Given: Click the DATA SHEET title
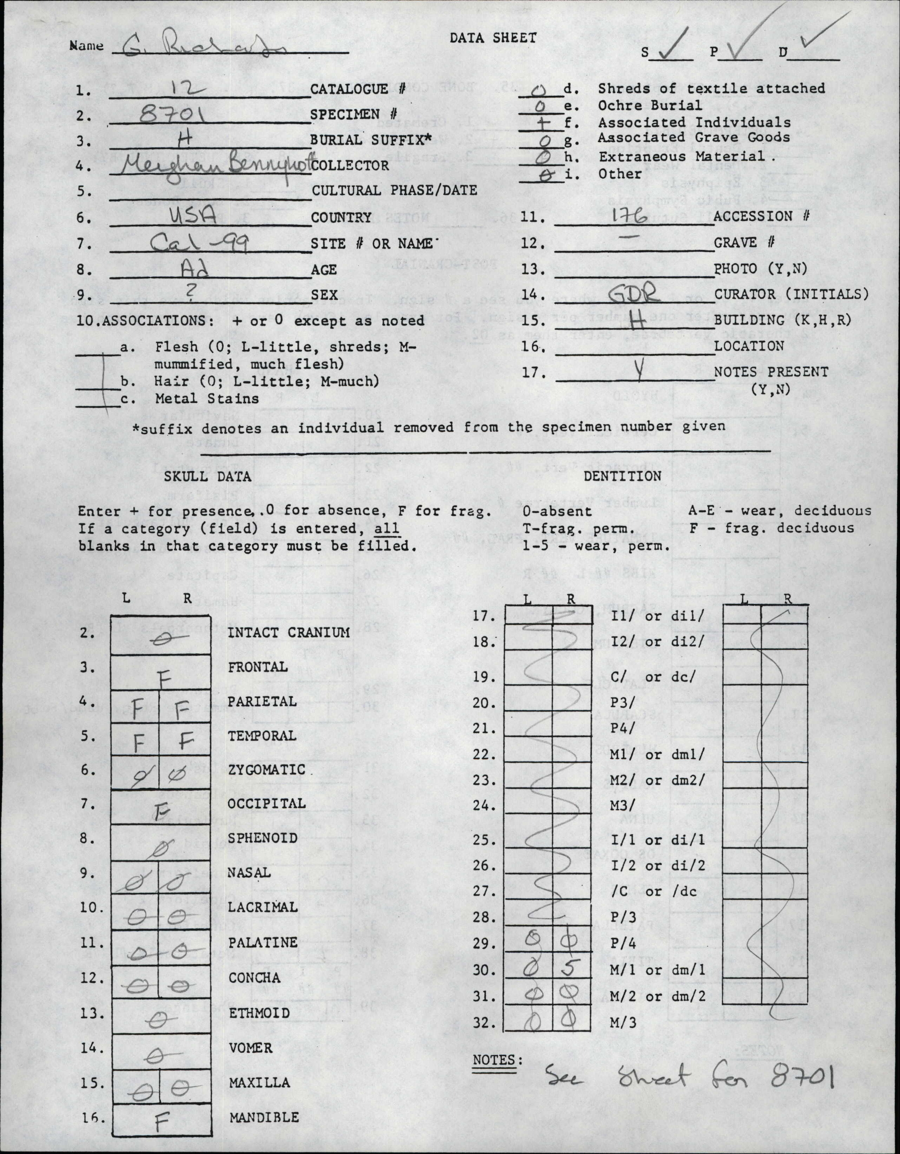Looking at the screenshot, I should point(493,38).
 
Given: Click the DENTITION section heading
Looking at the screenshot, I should point(622,476).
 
